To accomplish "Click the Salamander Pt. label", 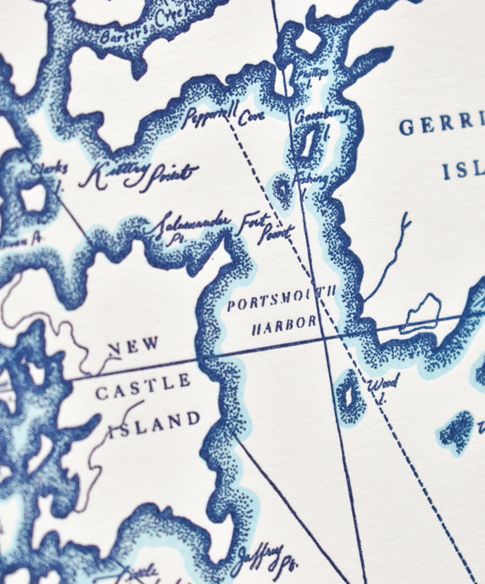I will point(190,224).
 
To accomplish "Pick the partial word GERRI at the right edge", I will point(441,126).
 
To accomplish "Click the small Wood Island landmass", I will point(349,395).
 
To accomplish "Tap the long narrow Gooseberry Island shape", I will point(308,142).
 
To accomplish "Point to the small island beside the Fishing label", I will point(283,189).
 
